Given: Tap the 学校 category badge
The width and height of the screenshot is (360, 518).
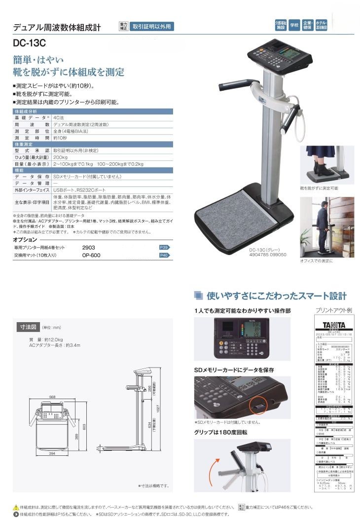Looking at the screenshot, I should tap(294, 24).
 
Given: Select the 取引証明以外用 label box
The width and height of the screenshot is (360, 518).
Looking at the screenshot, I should tap(152, 27).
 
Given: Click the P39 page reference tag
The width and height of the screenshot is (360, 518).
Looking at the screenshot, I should tap(164, 247).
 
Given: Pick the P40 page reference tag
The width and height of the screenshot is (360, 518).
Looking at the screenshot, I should tap(164, 255).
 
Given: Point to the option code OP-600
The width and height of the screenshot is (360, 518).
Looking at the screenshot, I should tap(91, 255).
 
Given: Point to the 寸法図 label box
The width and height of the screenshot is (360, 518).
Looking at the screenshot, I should tap(28, 327).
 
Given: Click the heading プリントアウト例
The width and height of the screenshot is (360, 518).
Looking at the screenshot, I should tap(333, 310).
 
